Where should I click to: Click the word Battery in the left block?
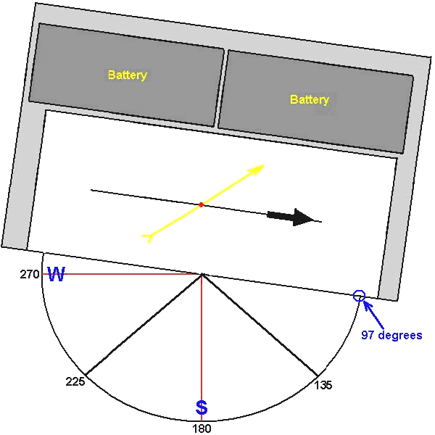click(x=128, y=75)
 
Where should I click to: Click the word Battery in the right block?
click(x=310, y=99)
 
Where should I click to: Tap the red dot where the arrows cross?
click(x=201, y=204)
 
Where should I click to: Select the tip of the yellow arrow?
click(x=265, y=165)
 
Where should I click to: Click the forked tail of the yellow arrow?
click(x=148, y=238)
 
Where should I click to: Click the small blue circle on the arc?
click(x=359, y=296)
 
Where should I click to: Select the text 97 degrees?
click(x=391, y=335)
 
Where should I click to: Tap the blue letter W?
click(x=57, y=274)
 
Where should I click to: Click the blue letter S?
click(x=202, y=407)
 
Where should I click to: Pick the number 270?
click(x=30, y=274)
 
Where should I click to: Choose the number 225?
click(x=75, y=381)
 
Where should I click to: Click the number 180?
click(x=202, y=428)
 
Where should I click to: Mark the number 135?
click(x=323, y=385)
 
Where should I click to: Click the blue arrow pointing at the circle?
click(x=373, y=315)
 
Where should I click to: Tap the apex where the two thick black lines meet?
click(x=202, y=274)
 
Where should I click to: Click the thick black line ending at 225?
click(x=144, y=325)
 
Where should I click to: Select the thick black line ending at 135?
click(x=260, y=325)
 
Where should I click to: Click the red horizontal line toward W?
click(x=122, y=274)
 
